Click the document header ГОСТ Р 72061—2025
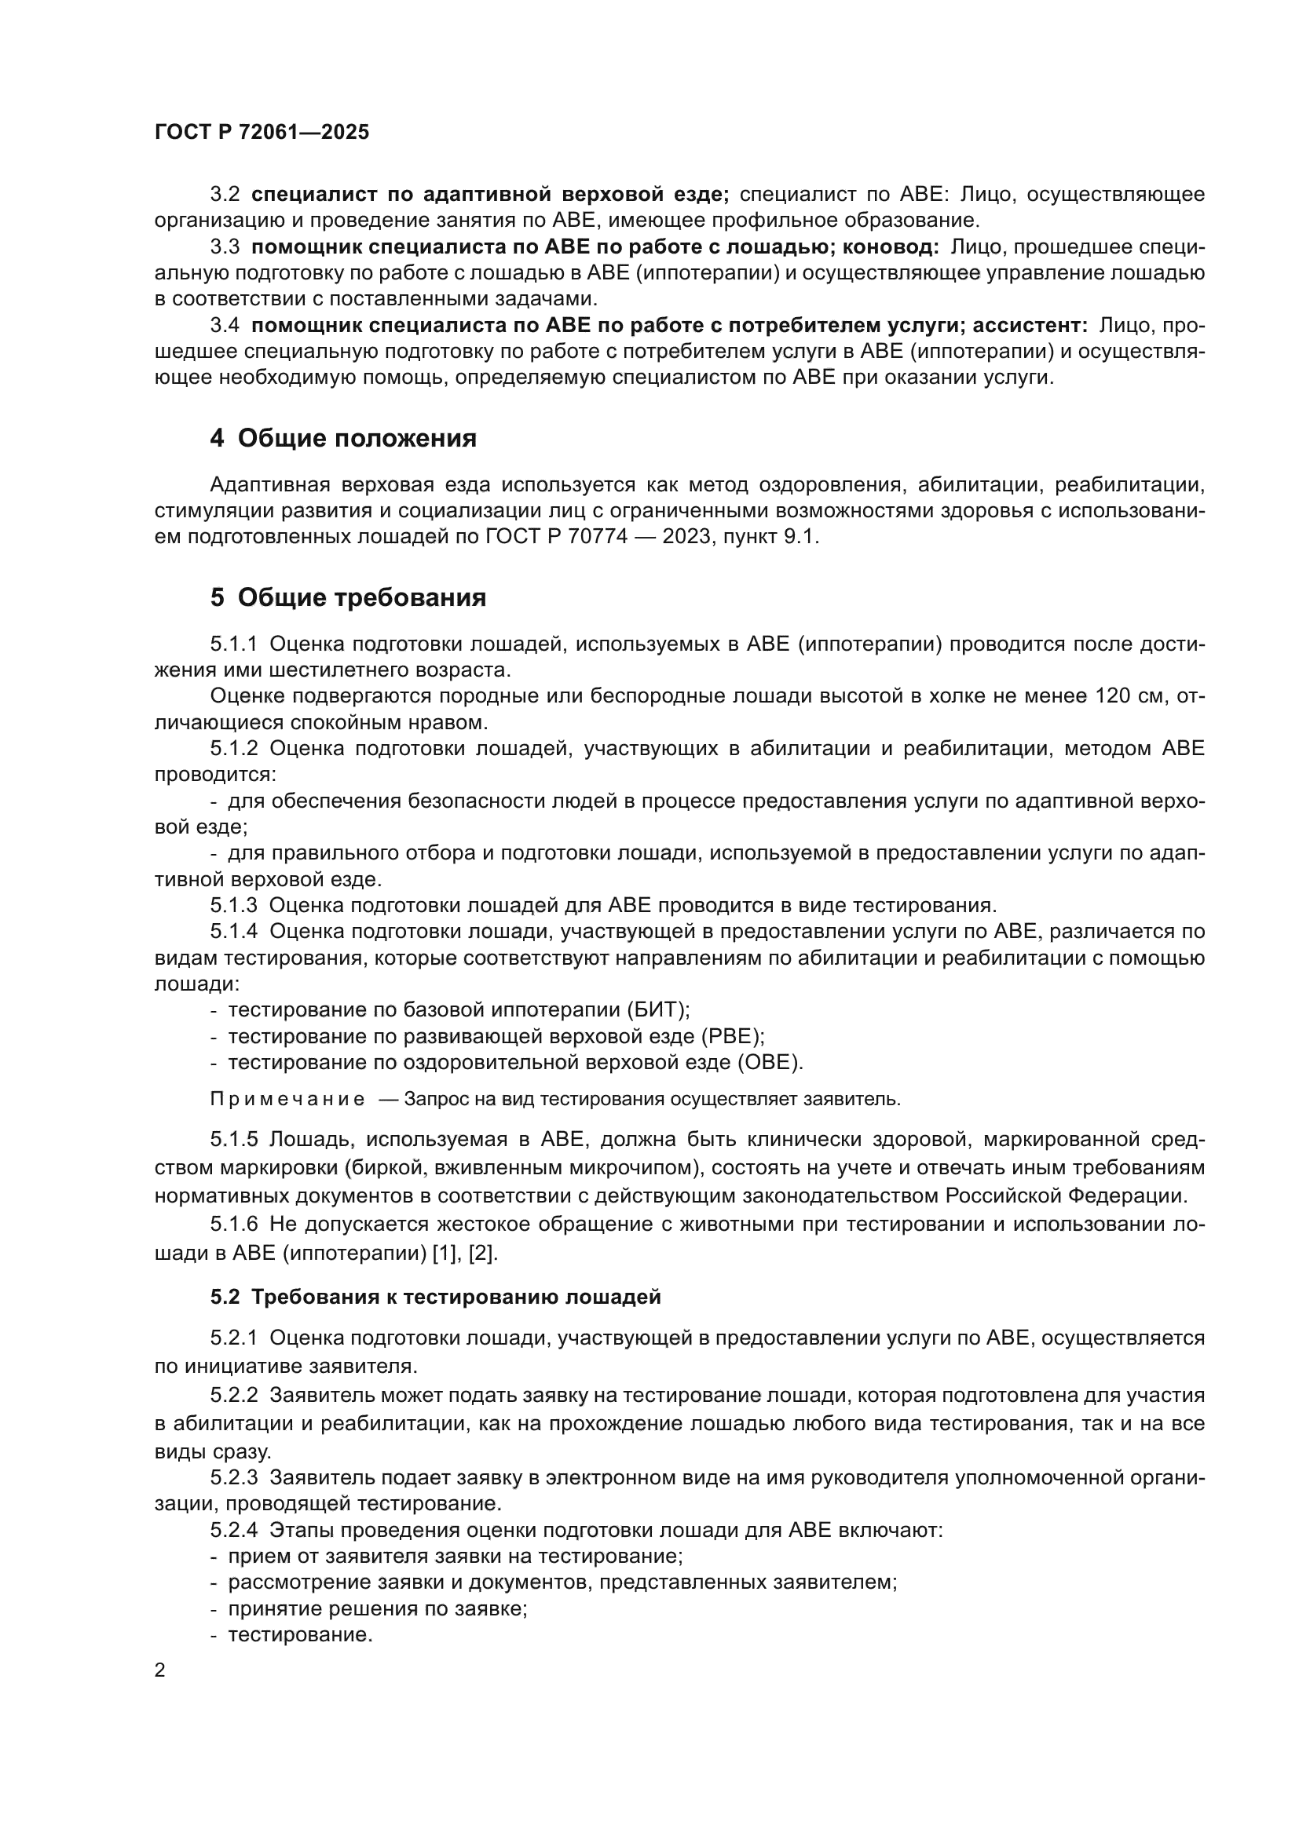pos(262,133)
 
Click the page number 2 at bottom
pos(160,1670)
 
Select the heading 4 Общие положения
pos(343,438)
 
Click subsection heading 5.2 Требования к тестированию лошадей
pos(435,1296)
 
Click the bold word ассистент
pos(1029,326)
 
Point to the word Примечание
pos(287,1099)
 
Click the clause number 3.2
pos(225,195)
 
